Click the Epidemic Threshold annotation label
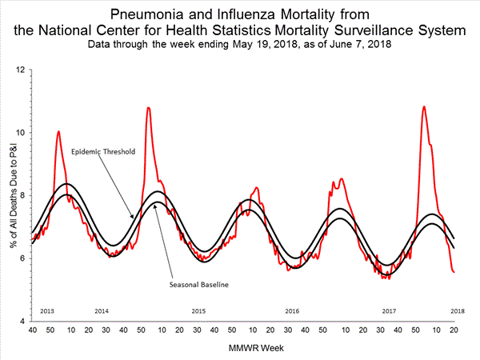click(x=102, y=151)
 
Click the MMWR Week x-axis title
click(x=244, y=348)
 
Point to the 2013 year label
click(x=46, y=310)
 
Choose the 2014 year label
click(x=102, y=310)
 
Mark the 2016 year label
click(x=294, y=310)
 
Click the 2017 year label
click(x=389, y=310)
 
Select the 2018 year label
click(x=458, y=310)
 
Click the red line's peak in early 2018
click(x=423, y=106)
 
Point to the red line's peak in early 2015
click(x=148, y=107)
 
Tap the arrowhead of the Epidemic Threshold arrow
click(x=134, y=217)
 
